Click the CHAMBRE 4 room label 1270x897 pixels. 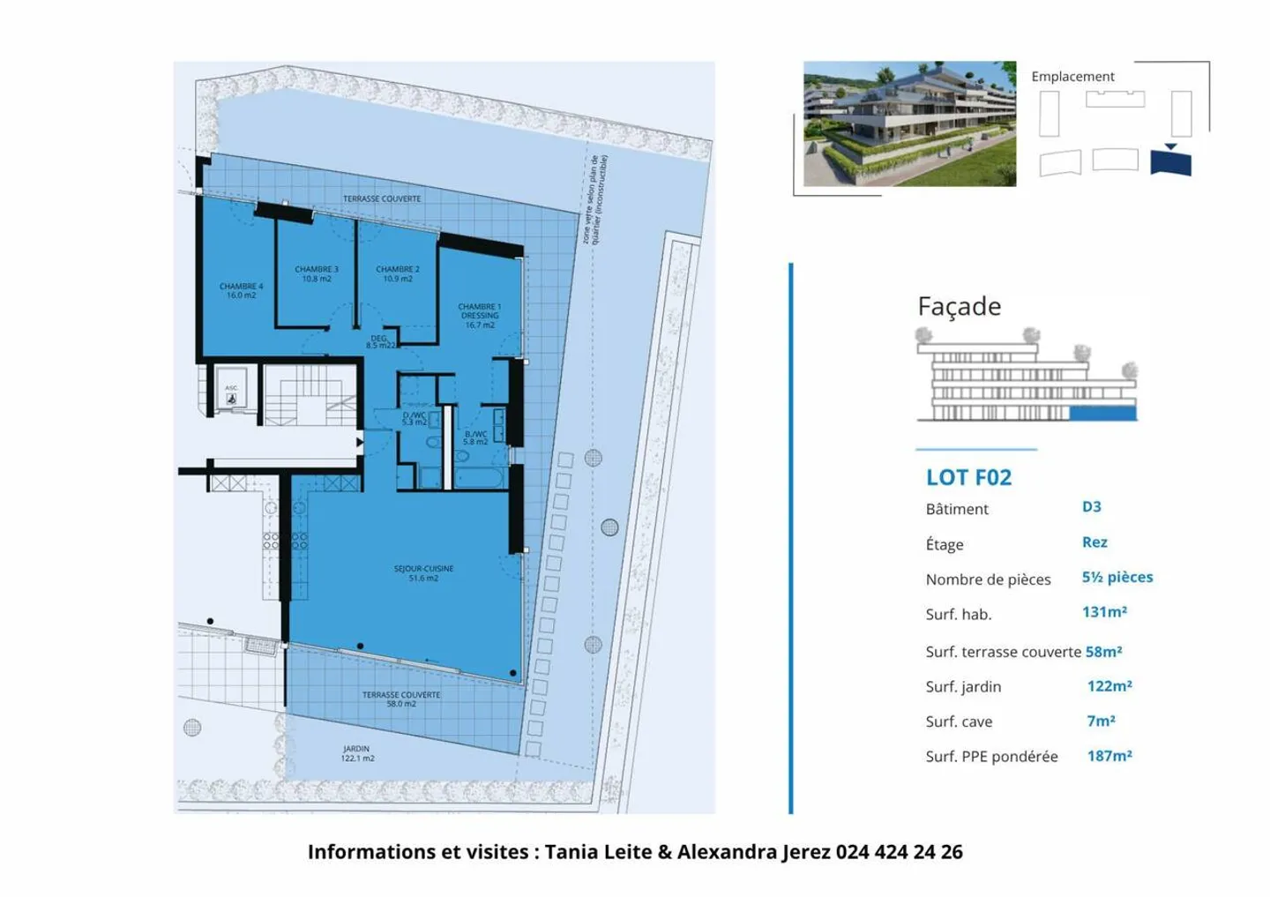click(x=241, y=290)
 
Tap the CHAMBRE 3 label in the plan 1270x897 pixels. click(x=317, y=273)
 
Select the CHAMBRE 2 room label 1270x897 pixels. click(x=398, y=273)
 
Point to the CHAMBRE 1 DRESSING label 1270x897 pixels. click(x=480, y=316)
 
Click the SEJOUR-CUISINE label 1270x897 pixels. click(x=423, y=573)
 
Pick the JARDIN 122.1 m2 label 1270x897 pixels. click(x=357, y=753)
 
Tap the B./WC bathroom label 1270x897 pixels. click(x=475, y=437)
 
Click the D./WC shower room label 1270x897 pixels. click(x=414, y=418)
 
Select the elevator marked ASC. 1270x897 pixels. click(x=231, y=393)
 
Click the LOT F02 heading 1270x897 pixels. click(x=968, y=477)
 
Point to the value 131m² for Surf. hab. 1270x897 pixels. click(x=1104, y=612)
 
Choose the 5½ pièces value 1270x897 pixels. click(x=1117, y=577)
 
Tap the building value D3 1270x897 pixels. click(x=1092, y=506)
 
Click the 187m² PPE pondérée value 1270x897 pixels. click(x=1109, y=756)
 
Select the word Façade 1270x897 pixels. click(x=960, y=306)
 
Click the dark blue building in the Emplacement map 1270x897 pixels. click(x=1171, y=163)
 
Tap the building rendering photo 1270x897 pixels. click(x=909, y=123)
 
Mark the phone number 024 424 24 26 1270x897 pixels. click(x=899, y=852)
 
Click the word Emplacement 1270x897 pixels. click(x=1072, y=77)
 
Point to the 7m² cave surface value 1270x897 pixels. click(x=1101, y=721)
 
